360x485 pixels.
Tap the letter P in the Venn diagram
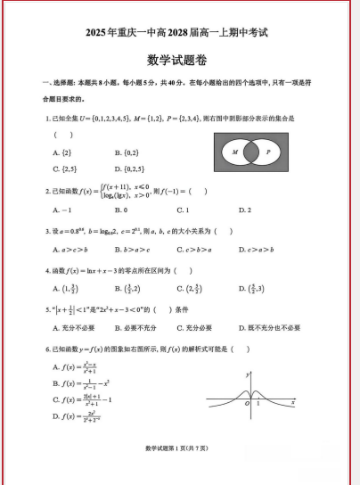point(268,152)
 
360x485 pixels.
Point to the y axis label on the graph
point(246,374)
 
